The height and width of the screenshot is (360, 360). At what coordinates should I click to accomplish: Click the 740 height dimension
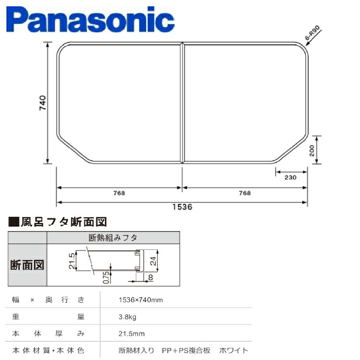tap(42, 103)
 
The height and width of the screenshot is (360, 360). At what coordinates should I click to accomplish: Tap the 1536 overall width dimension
tap(182, 207)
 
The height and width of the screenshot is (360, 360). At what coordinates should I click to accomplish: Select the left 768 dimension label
tap(119, 193)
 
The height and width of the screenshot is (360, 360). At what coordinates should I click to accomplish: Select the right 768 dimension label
tap(245, 193)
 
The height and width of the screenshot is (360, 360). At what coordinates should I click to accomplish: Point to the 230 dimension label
tap(290, 177)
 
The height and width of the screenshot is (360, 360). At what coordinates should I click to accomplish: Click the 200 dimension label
tap(312, 151)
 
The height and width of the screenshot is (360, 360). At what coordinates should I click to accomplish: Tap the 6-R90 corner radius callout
tap(312, 33)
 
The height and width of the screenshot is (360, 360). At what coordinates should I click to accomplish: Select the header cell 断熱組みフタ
tap(113, 238)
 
